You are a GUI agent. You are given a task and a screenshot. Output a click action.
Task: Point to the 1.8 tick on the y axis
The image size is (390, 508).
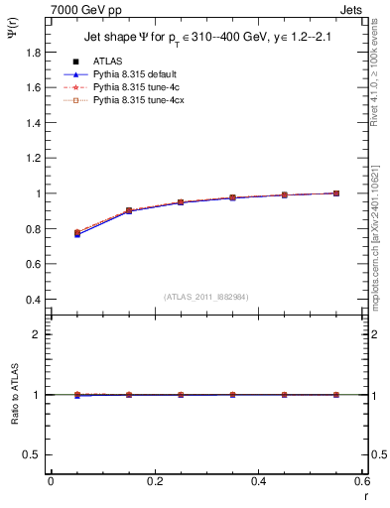point(32,53)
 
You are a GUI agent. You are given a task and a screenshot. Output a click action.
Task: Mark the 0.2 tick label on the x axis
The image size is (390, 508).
point(154,481)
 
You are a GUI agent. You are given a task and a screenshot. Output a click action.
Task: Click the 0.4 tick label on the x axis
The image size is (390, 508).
point(258,481)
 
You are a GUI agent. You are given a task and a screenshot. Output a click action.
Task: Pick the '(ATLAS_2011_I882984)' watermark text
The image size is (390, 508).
point(206,298)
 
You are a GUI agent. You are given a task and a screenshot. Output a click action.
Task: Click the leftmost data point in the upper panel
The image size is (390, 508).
point(77,233)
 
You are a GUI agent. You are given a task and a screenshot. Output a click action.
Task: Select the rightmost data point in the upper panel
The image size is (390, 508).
point(336,193)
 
